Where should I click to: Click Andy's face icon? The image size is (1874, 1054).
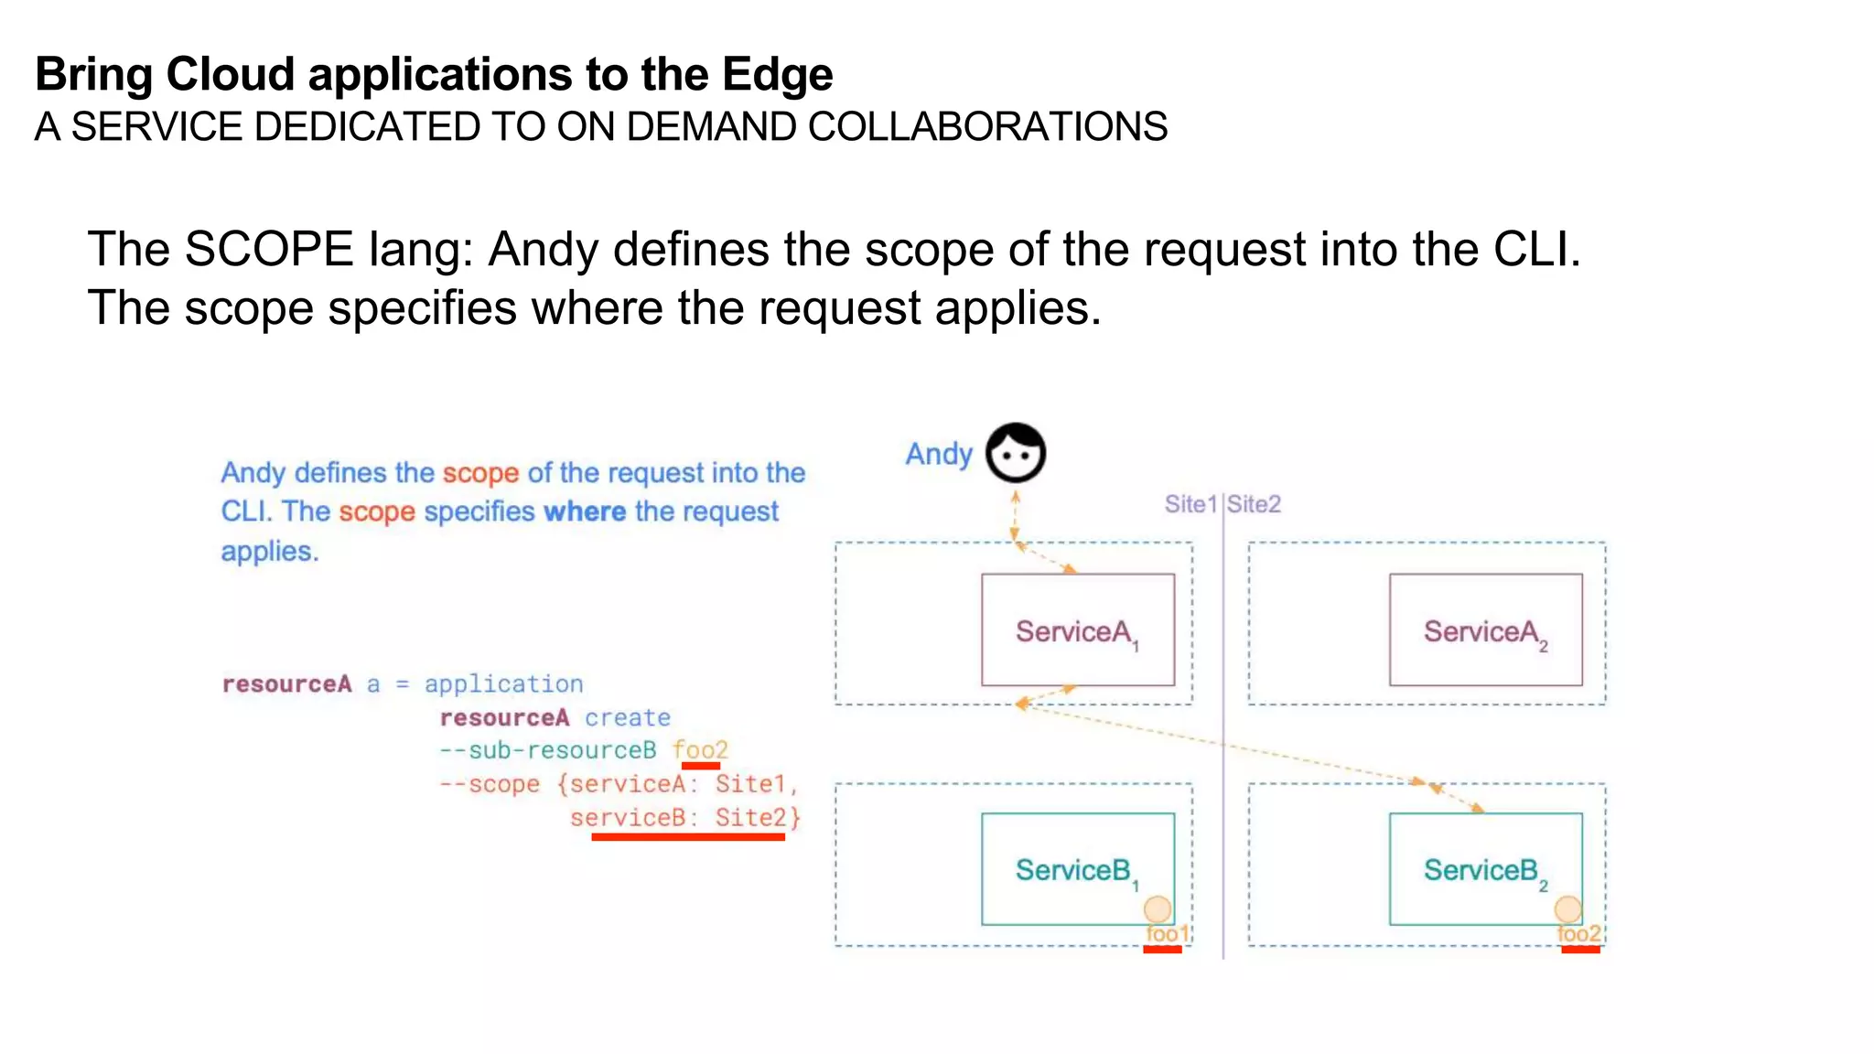(1015, 453)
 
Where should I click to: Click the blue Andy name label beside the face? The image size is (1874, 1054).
(938, 454)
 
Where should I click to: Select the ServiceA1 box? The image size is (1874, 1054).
(1077, 629)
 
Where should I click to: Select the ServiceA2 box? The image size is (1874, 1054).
(1485, 629)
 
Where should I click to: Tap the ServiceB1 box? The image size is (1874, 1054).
(1077, 868)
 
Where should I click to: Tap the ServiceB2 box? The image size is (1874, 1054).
(1485, 868)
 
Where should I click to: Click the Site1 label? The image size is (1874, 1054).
(1190, 504)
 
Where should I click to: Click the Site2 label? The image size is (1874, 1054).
(1254, 504)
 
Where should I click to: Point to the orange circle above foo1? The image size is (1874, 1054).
(1158, 909)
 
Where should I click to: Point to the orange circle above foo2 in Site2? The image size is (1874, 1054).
(1567, 909)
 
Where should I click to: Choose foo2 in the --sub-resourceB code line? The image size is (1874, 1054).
(700, 750)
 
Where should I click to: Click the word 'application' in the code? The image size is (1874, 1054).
(503, 683)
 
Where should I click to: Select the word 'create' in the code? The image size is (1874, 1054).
(628, 717)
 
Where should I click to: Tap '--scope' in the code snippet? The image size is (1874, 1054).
(490, 784)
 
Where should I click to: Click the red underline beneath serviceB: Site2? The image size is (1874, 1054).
(688, 836)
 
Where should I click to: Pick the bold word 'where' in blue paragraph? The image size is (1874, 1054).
(585, 511)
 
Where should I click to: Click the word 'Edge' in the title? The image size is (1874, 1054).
(777, 74)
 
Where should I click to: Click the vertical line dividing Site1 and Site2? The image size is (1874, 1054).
(1222, 732)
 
